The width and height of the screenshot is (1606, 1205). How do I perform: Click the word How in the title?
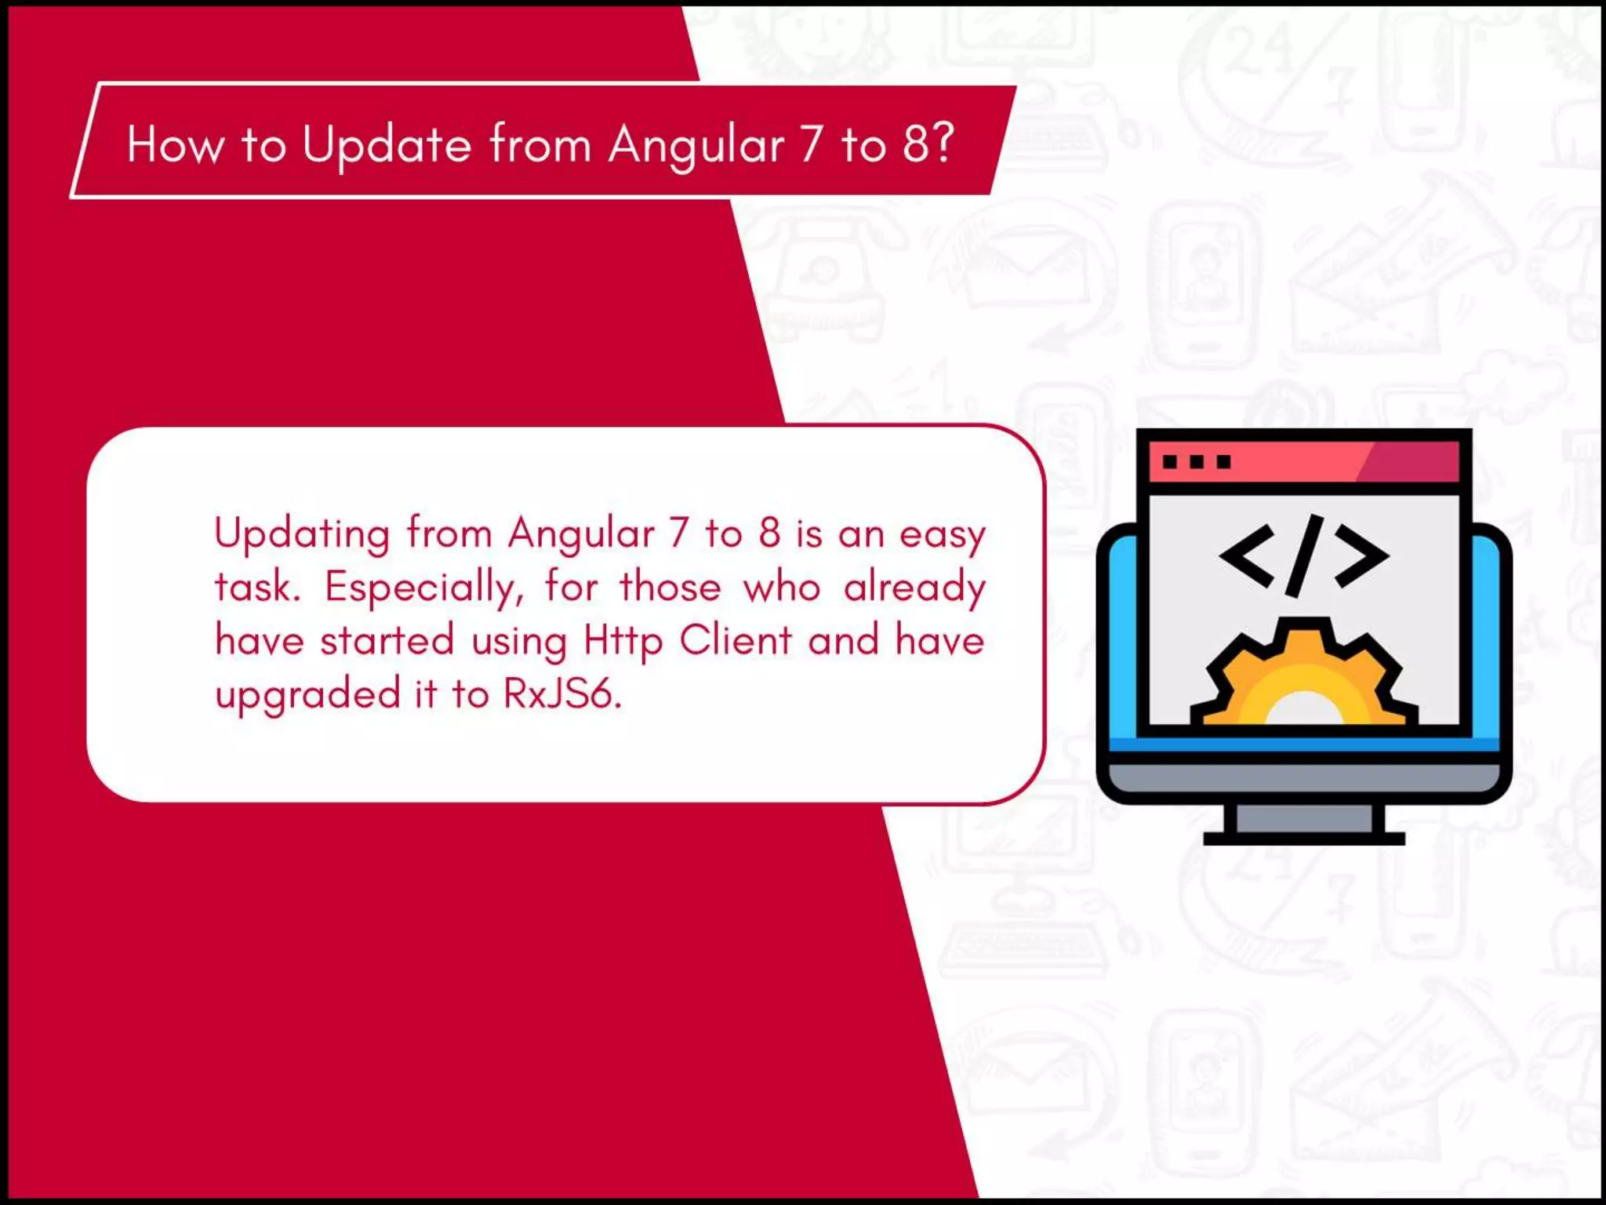pos(175,145)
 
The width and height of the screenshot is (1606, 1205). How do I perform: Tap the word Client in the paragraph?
pos(736,640)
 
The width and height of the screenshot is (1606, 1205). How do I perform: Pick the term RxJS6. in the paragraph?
pos(562,694)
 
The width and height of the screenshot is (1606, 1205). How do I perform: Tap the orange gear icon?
pos(1303,675)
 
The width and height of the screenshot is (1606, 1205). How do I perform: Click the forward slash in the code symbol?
pos(1304,555)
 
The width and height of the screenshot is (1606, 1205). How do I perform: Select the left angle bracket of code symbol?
pos(1246,556)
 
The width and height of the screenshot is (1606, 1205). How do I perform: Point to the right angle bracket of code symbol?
pos(1362,556)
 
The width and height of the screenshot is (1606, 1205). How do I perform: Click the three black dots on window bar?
pos(1196,462)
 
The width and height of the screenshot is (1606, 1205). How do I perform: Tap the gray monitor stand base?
pos(1303,839)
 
